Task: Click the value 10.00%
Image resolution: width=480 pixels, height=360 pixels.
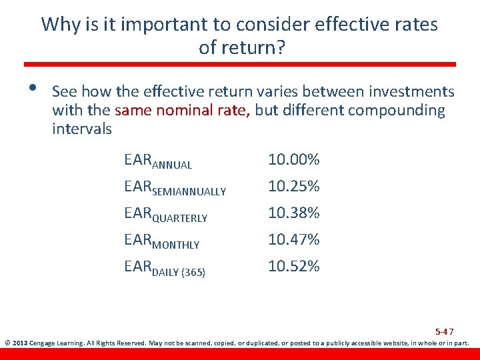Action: click(x=293, y=160)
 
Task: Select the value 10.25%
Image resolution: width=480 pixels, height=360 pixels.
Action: click(x=293, y=187)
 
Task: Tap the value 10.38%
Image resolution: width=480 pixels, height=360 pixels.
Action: click(x=293, y=213)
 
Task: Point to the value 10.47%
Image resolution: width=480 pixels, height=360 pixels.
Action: click(x=293, y=239)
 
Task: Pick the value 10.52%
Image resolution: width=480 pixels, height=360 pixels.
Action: click(x=293, y=266)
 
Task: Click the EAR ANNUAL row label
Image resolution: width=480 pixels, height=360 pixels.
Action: click(x=158, y=161)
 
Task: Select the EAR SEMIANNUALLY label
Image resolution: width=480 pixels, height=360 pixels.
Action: click(x=175, y=188)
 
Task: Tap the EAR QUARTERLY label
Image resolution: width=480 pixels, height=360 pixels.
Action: click(x=165, y=215)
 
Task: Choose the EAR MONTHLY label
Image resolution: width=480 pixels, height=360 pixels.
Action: click(x=161, y=241)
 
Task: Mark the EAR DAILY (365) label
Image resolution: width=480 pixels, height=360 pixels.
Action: click(x=165, y=268)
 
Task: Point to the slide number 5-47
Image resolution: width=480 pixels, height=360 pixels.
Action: click(x=444, y=331)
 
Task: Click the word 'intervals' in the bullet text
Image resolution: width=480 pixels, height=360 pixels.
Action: click(x=82, y=129)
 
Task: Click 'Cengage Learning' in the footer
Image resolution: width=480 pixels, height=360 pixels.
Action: click(x=54, y=344)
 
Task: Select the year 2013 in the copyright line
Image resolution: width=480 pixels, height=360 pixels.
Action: click(x=20, y=344)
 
